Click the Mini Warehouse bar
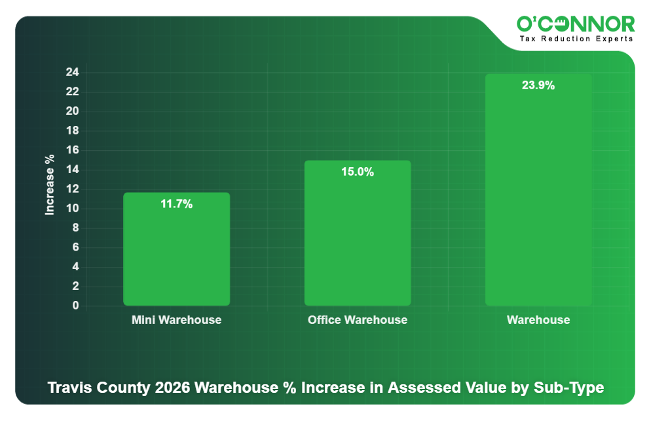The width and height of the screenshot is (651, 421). click(x=176, y=249)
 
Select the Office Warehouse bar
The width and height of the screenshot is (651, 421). click(x=358, y=233)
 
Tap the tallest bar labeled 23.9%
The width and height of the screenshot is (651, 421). click(x=538, y=190)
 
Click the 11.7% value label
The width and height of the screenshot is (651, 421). click(x=176, y=204)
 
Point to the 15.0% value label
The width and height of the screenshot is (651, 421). click(x=358, y=172)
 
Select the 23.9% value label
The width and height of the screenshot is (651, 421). click(x=538, y=85)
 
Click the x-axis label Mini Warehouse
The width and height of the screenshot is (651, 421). click(x=176, y=320)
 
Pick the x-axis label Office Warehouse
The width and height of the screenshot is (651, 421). click(x=358, y=320)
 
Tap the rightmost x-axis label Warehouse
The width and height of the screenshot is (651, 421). click(x=538, y=320)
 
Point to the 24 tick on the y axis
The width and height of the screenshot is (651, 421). click(x=72, y=72)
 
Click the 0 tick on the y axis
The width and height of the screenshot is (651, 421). click(x=75, y=306)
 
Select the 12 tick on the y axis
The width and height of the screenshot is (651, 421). click(x=72, y=189)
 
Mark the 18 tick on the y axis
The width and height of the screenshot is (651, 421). click(x=72, y=130)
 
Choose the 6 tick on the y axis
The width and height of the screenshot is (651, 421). click(x=75, y=247)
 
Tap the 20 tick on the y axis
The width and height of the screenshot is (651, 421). click(x=72, y=111)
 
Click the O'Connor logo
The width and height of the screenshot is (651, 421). click(x=576, y=24)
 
